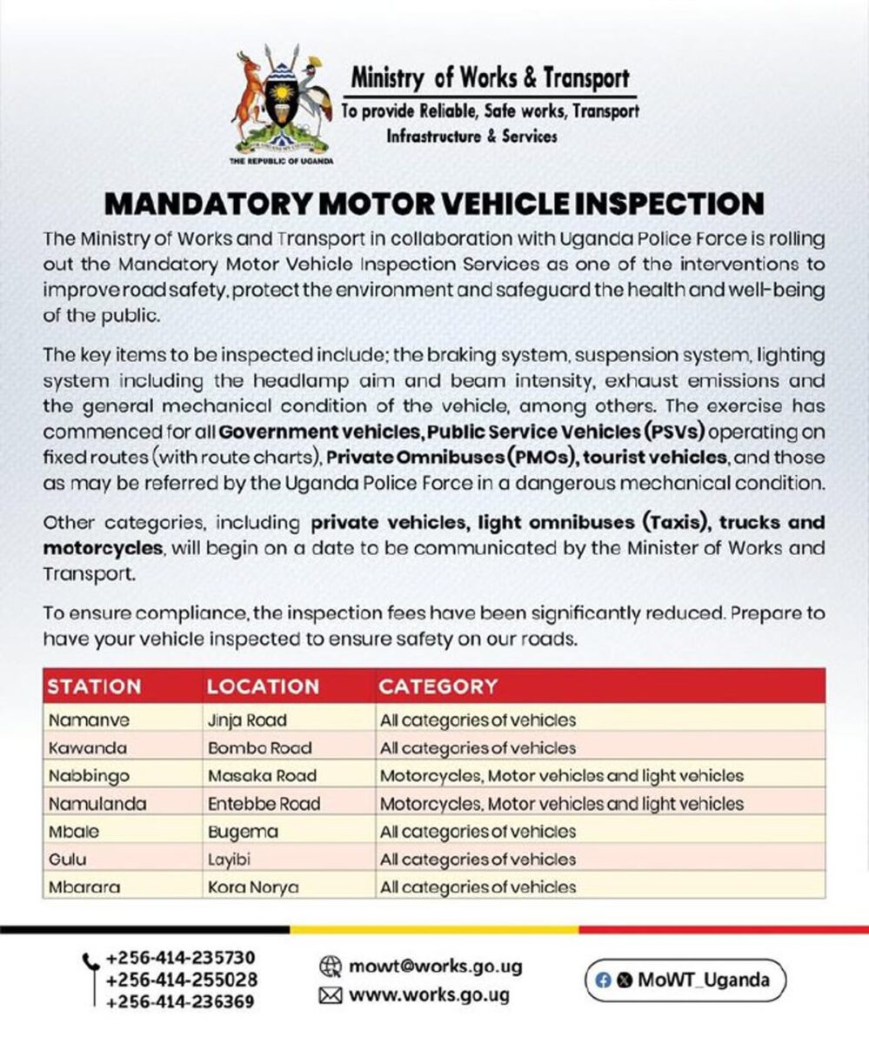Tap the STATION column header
pyautogui.click(x=94, y=686)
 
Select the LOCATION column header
pyautogui.click(x=263, y=686)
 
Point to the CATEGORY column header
pyautogui.click(x=438, y=686)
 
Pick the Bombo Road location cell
pyautogui.click(x=260, y=748)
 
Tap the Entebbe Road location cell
pyautogui.click(x=264, y=804)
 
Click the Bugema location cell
pyautogui.click(x=244, y=832)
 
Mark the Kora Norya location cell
pyautogui.click(x=253, y=887)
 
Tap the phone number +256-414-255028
pyautogui.click(x=181, y=980)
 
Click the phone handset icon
pyautogui.click(x=90, y=963)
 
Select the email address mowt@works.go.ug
pyautogui.click(x=436, y=967)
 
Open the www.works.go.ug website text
pyautogui.click(x=429, y=995)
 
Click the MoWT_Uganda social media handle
pyautogui.click(x=704, y=980)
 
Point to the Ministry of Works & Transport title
pyautogui.click(x=490, y=78)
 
